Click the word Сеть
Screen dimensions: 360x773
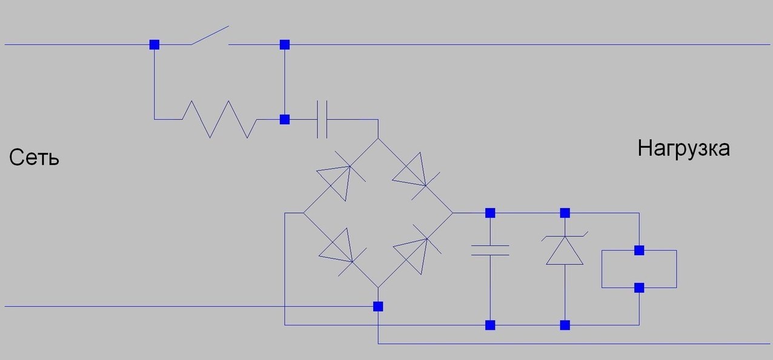coord(34,159)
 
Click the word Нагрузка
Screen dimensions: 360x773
coord(683,148)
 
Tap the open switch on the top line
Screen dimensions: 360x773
coord(210,36)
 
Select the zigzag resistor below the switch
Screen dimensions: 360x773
coord(220,119)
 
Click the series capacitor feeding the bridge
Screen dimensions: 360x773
coord(322,119)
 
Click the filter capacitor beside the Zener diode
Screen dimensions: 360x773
coord(490,250)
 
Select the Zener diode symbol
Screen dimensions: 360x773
coord(565,249)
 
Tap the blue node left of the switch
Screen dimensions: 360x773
coord(154,44)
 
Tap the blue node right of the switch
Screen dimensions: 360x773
coord(285,44)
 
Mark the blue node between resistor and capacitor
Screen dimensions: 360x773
coord(285,119)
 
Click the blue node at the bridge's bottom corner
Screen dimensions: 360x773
coord(378,306)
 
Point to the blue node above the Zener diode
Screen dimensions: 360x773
coord(565,213)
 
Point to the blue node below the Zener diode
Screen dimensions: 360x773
coord(565,325)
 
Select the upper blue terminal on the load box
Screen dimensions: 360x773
coord(639,250)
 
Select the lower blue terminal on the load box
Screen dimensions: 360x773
coord(639,287)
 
